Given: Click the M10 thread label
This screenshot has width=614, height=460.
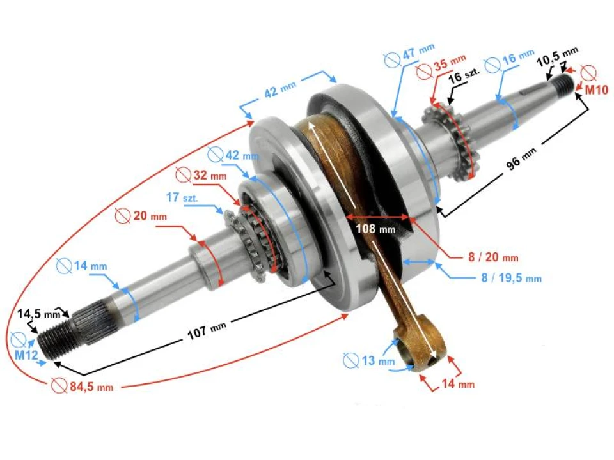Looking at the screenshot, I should coord(596,91).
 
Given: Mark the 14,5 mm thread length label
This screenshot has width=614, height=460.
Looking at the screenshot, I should coord(38,314).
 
